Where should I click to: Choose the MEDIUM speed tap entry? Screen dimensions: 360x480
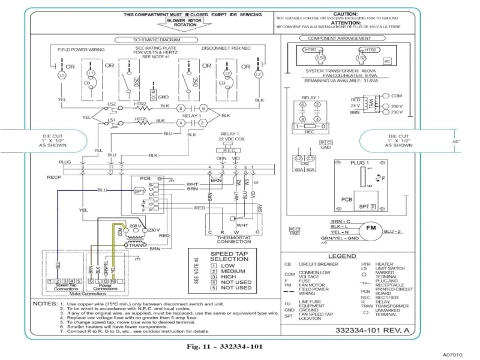pos(232,271)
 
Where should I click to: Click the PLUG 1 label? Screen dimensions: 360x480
pos(361,163)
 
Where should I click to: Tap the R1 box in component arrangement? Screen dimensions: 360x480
pos(387,61)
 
